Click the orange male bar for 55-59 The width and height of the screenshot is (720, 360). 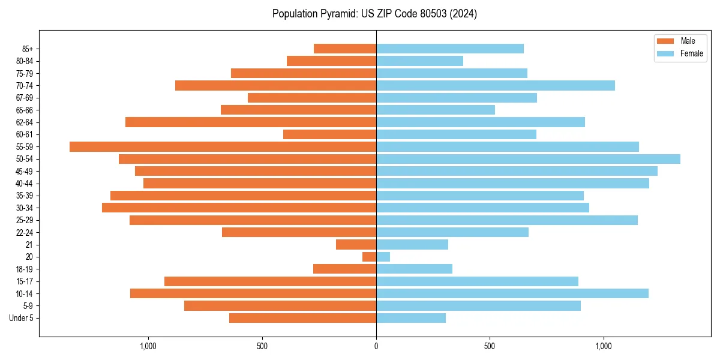click(x=223, y=146)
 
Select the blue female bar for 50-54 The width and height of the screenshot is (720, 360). click(x=528, y=159)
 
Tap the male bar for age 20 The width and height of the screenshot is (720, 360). click(x=369, y=257)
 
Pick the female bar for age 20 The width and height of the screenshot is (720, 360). click(x=383, y=257)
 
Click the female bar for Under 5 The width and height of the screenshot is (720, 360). click(x=410, y=318)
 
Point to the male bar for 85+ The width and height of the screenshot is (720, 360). click(x=345, y=49)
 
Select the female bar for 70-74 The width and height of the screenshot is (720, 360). click(x=495, y=85)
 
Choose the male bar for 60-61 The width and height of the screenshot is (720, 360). click(x=329, y=134)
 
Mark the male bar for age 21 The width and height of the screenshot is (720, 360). click(x=356, y=245)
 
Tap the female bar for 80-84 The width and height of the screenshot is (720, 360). click(x=419, y=61)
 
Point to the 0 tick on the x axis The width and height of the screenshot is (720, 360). click(x=376, y=346)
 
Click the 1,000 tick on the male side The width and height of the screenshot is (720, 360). click(x=148, y=346)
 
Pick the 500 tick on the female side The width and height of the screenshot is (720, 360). click(x=490, y=346)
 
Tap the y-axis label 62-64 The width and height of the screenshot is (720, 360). click(x=24, y=122)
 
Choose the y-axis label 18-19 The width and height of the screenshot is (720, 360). click(x=24, y=269)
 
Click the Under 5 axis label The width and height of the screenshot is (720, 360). click(x=21, y=318)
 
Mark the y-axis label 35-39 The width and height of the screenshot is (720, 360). click(x=24, y=196)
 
